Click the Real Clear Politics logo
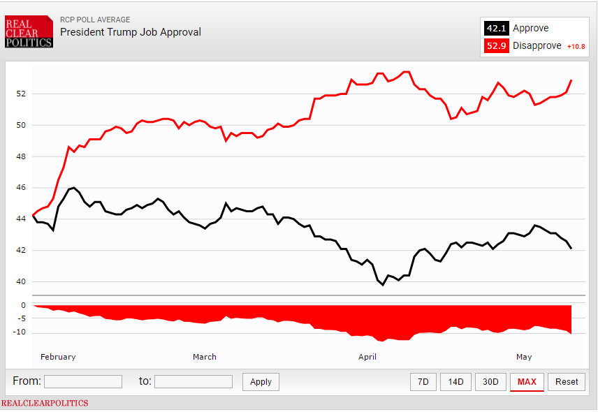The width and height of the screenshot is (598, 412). click(29, 32)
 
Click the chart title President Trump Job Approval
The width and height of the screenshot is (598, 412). click(131, 32)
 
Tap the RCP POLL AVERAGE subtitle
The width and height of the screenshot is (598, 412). click(95, 20)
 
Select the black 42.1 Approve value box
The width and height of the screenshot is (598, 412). click(496, 29)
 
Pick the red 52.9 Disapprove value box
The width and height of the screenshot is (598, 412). click(496, 46)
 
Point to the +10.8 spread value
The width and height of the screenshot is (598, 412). click(575, 47)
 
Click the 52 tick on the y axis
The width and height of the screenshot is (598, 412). click(21, 94)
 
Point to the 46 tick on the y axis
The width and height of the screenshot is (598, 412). click(21, 188)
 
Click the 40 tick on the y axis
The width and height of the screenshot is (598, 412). click(21, 281)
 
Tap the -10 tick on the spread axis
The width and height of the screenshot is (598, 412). click(21, 332)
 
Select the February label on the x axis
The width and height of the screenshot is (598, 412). click(58, 357)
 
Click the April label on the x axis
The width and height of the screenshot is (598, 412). click(367, 357)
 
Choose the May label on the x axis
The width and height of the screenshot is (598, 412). click(524, 357)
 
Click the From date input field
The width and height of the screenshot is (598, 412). click(83, 381)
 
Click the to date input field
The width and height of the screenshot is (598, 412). click(194, 381)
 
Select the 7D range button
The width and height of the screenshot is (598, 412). click(423, 381)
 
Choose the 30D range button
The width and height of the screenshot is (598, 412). click(491, 381)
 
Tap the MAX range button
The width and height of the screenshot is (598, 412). click(527, 381)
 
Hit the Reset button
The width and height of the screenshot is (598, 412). click(567, 381)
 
